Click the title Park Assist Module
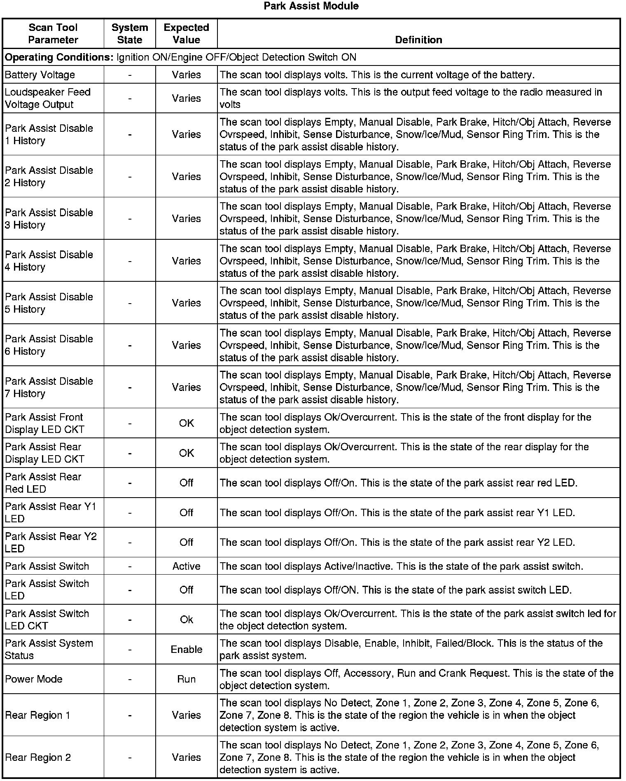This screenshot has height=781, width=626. click(311, 6)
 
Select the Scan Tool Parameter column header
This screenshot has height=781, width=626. click(53, 34)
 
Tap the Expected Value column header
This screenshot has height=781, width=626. click(186, 34)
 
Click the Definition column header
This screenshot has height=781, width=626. click(418, 40)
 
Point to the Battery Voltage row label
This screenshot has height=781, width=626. click(40, 75)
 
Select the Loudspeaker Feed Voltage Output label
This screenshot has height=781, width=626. click(47, 98)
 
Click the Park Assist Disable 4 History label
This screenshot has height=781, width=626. click(49, 261)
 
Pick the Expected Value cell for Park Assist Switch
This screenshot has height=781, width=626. click(186, 566)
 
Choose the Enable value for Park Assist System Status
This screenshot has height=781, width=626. click(186, 650)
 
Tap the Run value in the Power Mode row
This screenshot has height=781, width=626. click(186, 679)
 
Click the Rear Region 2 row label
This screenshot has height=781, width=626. click(38, 758)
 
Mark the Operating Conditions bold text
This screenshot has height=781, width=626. click(59, 57)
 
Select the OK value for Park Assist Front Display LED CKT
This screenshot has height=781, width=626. click(186, 423)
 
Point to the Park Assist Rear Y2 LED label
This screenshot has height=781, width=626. click(51, 542)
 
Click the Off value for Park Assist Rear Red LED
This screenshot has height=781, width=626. click(186, 483)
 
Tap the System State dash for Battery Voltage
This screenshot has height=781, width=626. click(130, 75)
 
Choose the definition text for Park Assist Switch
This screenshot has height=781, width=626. click(401, 566)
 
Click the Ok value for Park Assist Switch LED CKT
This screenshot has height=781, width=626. click(186, 620)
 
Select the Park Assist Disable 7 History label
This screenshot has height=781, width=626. click(49, 387)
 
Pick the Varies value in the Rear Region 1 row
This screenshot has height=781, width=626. click(186, 716)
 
